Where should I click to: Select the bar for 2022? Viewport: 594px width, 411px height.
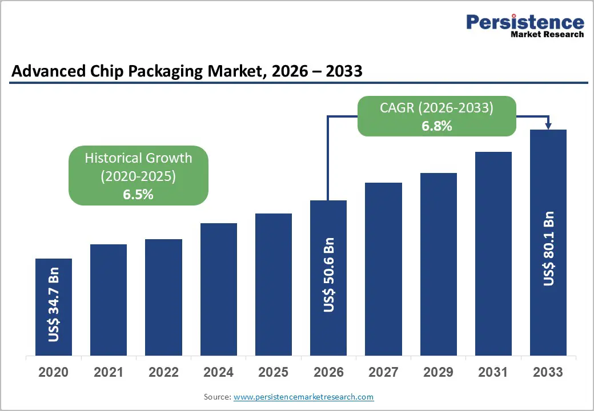163,297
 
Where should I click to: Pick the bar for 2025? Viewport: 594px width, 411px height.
274,284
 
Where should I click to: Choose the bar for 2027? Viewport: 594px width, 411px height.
383,269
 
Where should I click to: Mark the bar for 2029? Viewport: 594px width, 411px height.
439,264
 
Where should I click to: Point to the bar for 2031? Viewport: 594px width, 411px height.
493,253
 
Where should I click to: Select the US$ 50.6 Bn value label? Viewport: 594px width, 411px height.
329,275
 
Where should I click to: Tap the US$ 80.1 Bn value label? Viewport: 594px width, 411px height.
549,248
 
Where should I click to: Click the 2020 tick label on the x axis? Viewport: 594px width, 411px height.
53,372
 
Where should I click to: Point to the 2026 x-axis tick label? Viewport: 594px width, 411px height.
328,372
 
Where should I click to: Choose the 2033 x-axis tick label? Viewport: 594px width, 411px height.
548,372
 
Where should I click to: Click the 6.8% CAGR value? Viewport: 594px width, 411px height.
437,126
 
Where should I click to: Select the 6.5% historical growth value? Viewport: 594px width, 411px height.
138,194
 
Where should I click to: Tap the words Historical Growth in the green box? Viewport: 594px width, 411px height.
138,158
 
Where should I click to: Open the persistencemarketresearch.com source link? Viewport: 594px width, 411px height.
303,397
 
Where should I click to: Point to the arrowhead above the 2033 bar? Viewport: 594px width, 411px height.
548,126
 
